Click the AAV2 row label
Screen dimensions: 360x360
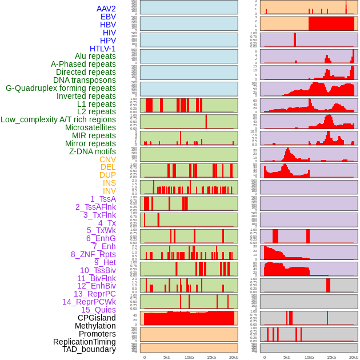coord(106,9)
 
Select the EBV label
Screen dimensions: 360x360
coord(108,17)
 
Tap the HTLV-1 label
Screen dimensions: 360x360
coord(103,49)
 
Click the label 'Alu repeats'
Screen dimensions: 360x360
coord(95,56)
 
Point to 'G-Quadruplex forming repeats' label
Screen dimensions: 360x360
coord(61,88)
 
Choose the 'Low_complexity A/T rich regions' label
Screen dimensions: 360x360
coord(58,119)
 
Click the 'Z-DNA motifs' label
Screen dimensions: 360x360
coord(92,151)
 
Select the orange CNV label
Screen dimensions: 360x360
coord(107,159)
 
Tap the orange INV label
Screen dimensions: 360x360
coord(109,191)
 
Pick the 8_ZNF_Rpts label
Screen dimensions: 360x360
coord(93,254)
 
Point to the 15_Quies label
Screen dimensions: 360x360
coord(98,310)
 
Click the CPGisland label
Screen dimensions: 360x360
coord(97,318)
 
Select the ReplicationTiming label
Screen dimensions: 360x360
coord(85,342)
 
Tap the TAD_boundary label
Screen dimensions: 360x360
coord(89,349)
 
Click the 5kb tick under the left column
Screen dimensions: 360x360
coord(167,357)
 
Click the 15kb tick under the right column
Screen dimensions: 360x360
coord(331,357)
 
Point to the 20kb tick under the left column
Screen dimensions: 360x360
coord(233,357)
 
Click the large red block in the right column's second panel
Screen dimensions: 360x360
coord(331,23)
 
